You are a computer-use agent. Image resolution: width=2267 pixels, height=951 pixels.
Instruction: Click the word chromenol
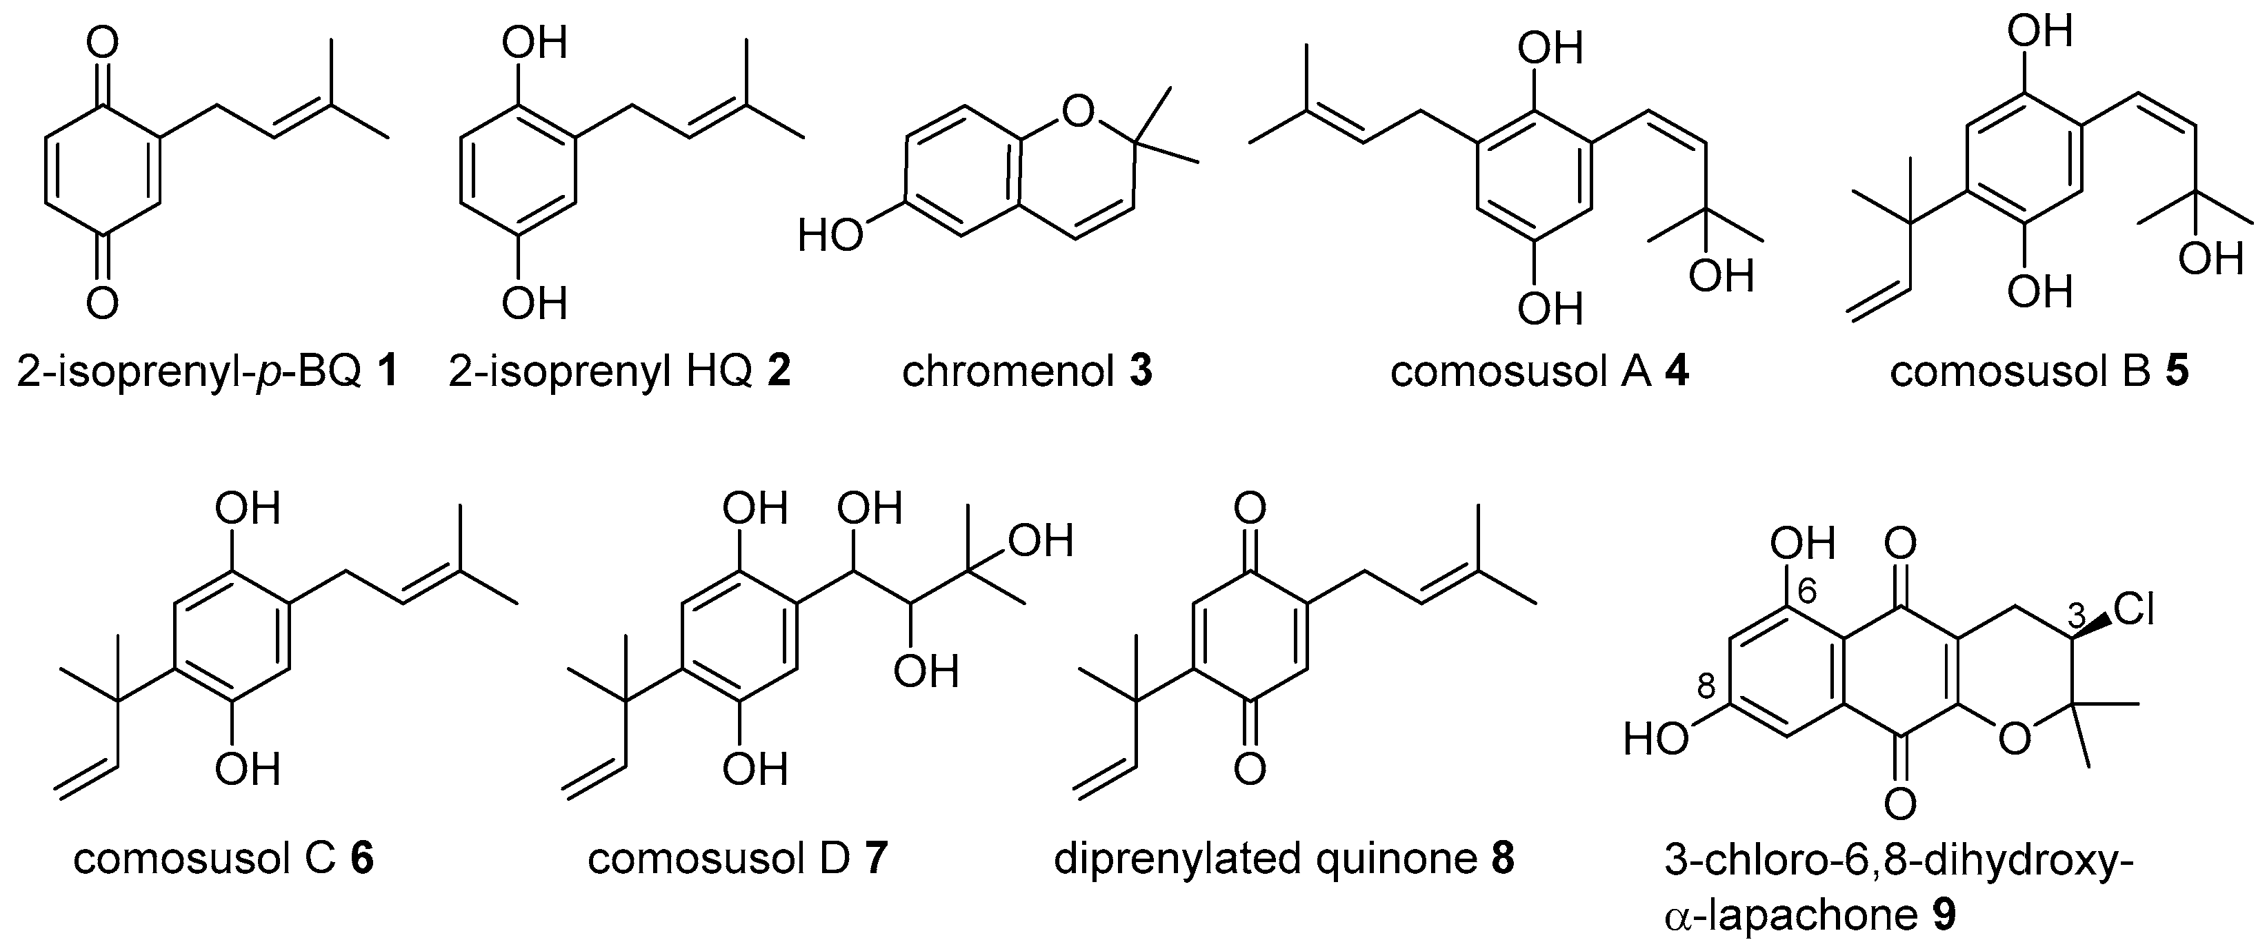[1008, 373]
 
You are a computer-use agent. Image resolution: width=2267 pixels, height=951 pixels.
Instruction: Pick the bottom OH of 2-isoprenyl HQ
[535, 303]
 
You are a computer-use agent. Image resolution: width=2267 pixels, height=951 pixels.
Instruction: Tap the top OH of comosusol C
[249, 509]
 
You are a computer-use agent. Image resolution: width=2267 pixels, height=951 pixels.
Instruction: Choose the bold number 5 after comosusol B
[2177, 373]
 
